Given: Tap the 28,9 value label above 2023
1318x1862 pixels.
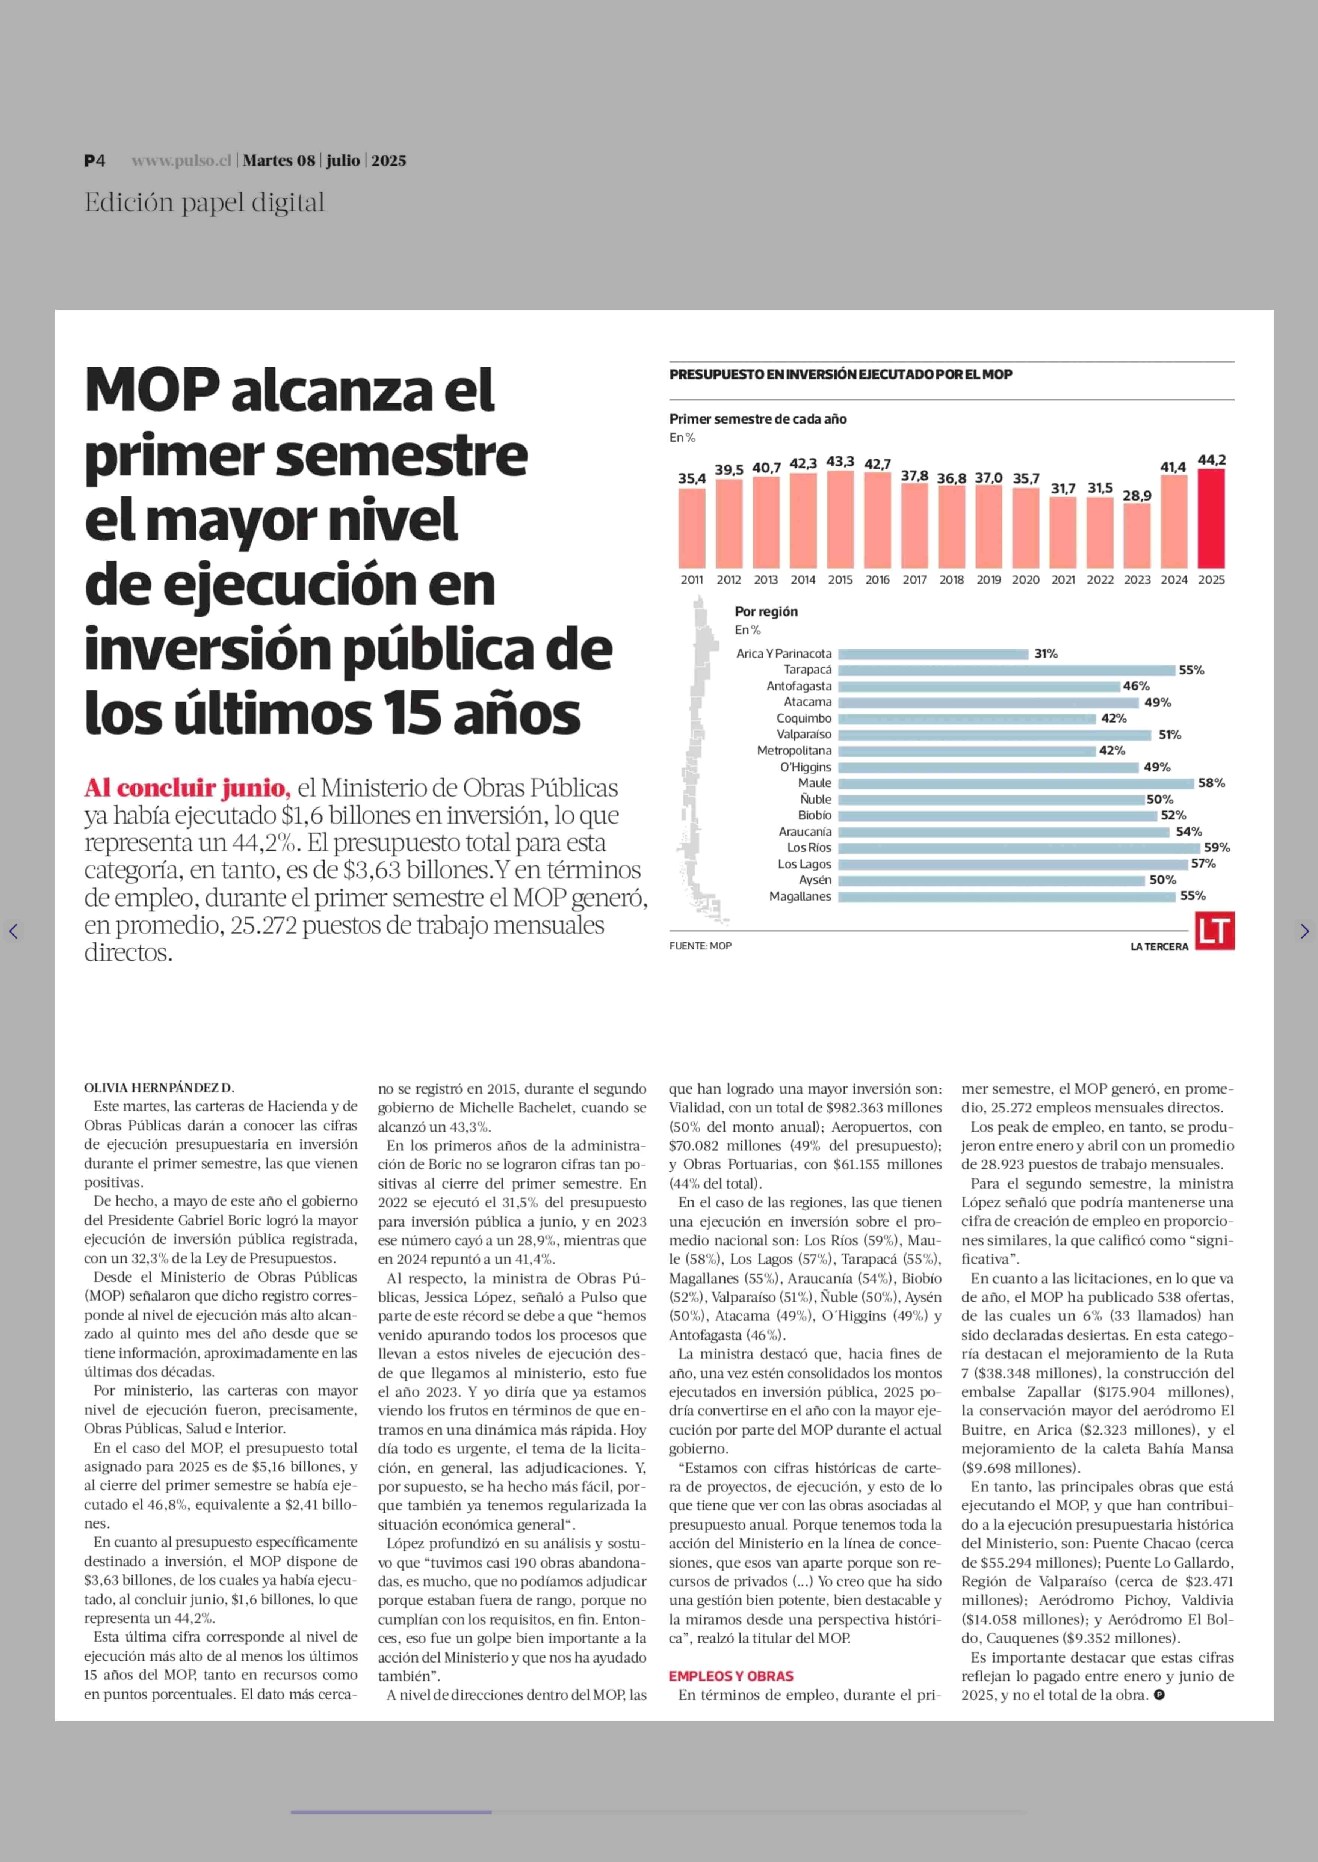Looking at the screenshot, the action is [1137, 496].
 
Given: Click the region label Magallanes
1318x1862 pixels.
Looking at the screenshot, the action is [800, 896].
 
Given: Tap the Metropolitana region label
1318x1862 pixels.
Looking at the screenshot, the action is [795, 750].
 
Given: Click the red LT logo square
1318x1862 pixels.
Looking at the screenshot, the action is [1215, 931].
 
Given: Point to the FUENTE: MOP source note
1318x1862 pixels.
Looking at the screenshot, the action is [700, 946].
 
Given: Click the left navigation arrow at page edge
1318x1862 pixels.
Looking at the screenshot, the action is [13, 931].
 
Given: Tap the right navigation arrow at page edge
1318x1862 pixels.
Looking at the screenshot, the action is [1304, 931].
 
